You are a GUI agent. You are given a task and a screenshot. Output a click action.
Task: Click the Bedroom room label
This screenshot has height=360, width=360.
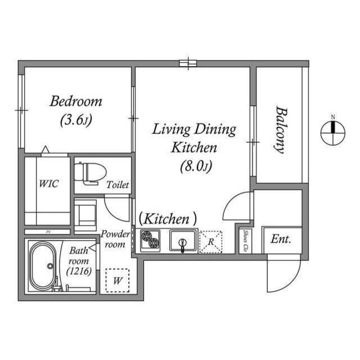[76, 102]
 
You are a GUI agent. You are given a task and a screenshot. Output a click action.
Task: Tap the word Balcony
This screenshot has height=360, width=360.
[280, 130]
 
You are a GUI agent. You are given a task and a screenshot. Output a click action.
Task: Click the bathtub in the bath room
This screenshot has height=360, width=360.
[42, 266]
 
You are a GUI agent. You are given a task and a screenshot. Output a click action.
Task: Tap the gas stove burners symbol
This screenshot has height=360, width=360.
[150, 241]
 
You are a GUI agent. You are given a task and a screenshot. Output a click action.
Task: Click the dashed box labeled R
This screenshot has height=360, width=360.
[210, 241]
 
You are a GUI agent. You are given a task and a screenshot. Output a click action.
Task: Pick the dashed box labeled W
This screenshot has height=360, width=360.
[117, 280]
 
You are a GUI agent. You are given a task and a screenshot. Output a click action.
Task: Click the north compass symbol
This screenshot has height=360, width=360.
[333, 132]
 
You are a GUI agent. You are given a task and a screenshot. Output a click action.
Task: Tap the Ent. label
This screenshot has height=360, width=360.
[281, 239]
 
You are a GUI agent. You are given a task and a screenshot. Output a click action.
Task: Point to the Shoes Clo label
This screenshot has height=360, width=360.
[245, 241]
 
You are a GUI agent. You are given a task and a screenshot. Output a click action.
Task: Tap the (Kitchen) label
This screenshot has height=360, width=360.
[168, 218]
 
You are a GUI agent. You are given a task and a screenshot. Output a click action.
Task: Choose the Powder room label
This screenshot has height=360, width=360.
[115, 239]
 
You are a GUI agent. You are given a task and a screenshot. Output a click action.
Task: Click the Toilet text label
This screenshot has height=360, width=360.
[118, 184]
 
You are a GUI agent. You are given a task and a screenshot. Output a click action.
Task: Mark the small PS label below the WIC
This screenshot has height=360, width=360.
[47, 232]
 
